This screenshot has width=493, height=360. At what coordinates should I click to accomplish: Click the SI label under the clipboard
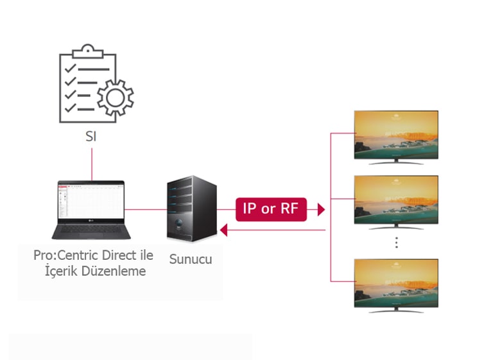(x=91, y=137)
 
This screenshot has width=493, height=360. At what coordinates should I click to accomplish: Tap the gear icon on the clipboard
(x=116, y=98)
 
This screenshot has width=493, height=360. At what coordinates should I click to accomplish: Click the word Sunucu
(x=191, y=260)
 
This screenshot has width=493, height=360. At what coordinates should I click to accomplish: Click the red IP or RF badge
(x=271, y=209)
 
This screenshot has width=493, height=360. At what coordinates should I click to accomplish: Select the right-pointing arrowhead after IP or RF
(x=320, y=209)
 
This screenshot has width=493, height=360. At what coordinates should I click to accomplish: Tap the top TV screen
(x=397, y=134)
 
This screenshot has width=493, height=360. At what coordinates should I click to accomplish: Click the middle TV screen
(x=397, y=199)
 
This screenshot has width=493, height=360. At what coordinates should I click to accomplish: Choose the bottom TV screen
(x=397, y=282)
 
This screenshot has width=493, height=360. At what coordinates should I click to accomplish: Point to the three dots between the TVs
(x=397, y=242)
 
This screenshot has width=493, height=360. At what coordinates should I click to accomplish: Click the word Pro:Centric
(x=63, y=255)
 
